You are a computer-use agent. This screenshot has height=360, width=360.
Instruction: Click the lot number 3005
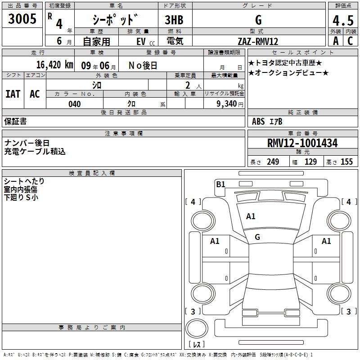22,19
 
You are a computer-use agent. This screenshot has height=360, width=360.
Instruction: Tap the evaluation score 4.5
343,21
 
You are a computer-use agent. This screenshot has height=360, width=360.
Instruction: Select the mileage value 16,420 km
55,65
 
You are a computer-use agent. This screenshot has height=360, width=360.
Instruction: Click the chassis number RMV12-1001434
302,143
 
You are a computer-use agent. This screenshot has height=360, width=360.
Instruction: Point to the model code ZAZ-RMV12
258,41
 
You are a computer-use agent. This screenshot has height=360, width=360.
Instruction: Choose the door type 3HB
174,20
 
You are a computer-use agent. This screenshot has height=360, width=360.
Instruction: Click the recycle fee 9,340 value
226,104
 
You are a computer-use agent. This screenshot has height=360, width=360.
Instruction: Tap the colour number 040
75,104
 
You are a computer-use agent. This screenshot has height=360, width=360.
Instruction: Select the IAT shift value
13,94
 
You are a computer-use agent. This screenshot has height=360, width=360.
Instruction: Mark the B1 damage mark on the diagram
220,184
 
